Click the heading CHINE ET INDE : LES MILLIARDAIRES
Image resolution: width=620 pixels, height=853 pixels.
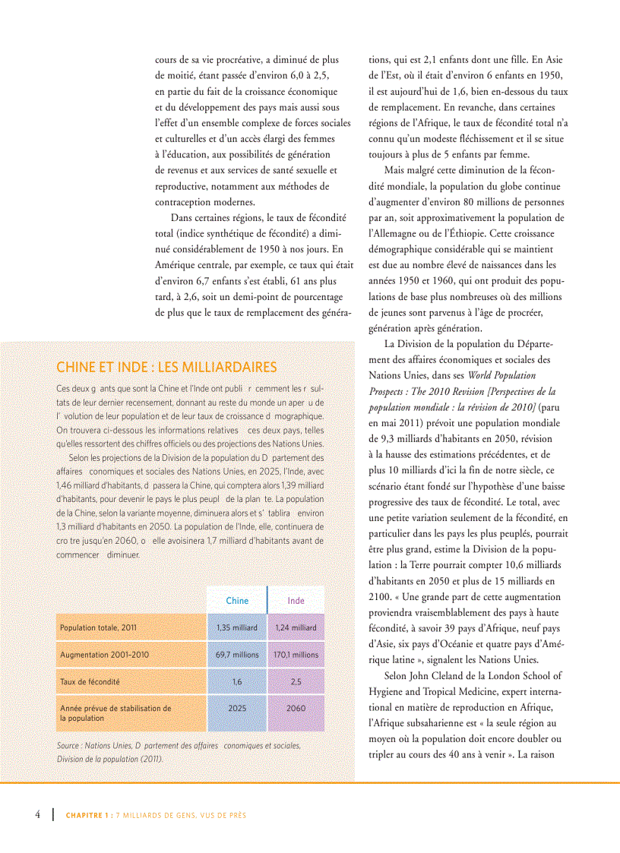[x=166, y=368]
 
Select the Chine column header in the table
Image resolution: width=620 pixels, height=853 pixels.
[x=237, y=600]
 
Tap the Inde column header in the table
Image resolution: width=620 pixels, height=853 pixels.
[x=296, y=600]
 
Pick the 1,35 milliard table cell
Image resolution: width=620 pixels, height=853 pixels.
[x=237, y=627]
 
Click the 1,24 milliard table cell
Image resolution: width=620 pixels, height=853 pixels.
[x=296, y=627]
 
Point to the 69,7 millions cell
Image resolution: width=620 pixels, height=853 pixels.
[x=237, y=654]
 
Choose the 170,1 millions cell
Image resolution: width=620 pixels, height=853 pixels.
[x=296, y=654]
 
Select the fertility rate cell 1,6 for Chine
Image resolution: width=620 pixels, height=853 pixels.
[x=237, y=681]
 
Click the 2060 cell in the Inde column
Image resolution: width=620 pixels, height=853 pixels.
[x=296, y=708]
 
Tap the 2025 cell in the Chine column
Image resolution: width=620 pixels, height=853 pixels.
[x=237, y=708]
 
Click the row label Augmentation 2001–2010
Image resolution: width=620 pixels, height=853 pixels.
[x=104, y=654]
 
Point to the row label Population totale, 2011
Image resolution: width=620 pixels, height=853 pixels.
[x=98, y=627]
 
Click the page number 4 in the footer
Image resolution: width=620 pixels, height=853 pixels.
[x=37, y=814]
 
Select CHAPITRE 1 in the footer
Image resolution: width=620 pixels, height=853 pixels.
[x=87, y=815]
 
